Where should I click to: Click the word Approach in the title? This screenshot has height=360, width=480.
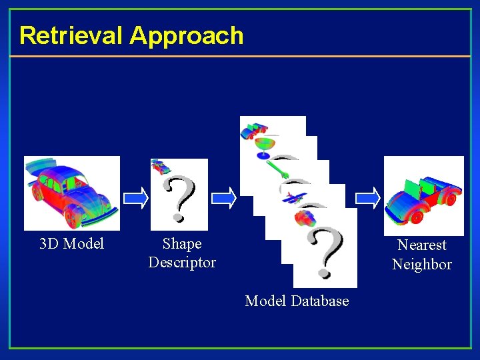(187, 35)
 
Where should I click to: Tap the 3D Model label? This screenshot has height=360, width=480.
(72, 244)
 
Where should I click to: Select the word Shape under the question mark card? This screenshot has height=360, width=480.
(182, 244)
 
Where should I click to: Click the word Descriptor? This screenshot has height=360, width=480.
(182, 263)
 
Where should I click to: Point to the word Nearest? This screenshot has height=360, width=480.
(422, 245)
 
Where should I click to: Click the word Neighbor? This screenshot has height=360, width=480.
(422, 265)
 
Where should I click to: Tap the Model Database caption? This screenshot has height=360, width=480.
(297, 301)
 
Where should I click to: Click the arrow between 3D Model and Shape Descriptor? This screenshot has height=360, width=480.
(136, 196)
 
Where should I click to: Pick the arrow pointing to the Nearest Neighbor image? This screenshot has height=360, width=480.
(367, 196)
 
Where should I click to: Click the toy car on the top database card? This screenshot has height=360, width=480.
(254, 129)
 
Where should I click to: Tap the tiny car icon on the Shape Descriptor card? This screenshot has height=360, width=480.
(161, 166)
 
